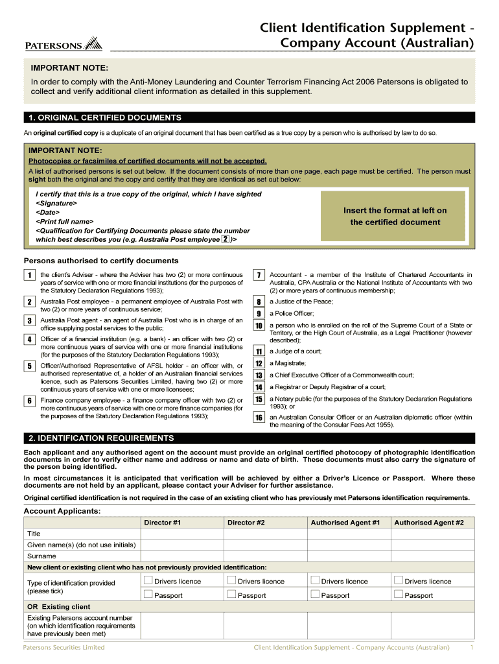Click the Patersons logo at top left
[x=64, y=44]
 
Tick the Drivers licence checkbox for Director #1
[x=148, y=580]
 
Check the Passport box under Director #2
[x=231, y=594]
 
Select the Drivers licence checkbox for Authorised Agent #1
[x=315, y=580]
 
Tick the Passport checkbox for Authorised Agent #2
[x=399, y=594]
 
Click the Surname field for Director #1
[x=181, y=556]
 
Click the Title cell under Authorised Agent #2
[x=432, y=534]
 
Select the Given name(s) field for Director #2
[x=265, y=545]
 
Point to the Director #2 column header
[x=246, y=523]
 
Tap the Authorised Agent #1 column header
[x=345, y=523]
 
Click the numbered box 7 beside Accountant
[x=259, y=276]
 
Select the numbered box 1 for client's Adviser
[x=30, y=276]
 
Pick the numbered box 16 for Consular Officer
[x=259, y=418]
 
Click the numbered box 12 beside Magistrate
[x=259, y=364]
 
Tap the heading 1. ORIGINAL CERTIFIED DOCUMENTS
[x=105, y=117]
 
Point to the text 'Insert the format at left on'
[x=395, y=211]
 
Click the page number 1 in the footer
[x=472, y=647]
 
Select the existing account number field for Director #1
[x=181, y=626]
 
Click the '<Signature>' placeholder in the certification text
[x=56, y=203]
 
